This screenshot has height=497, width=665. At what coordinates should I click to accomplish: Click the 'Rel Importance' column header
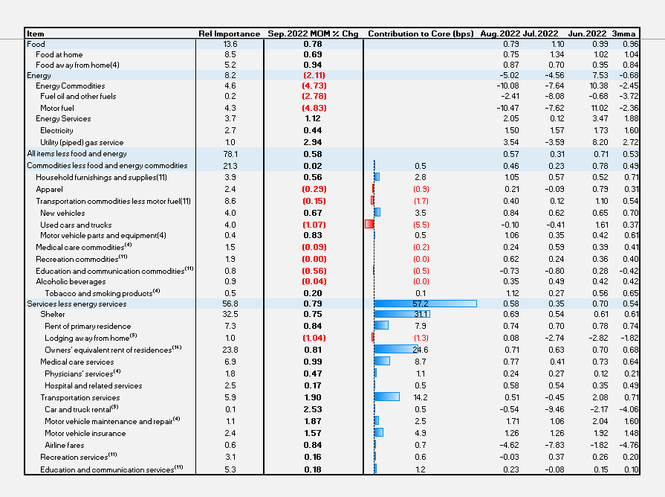pos(229,33)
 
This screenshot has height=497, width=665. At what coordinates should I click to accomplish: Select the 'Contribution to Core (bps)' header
pos(421,33)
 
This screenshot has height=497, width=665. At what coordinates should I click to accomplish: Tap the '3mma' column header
pos(623,33)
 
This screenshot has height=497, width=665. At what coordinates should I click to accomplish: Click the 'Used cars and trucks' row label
pos(76,225)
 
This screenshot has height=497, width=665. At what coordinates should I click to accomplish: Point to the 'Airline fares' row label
pos(65,445)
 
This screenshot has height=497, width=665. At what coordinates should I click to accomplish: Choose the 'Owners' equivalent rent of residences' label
pos(113,349)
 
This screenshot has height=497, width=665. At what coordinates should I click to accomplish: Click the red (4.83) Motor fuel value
pos(312,108)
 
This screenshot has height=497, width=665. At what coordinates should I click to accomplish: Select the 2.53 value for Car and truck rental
pos(312,409)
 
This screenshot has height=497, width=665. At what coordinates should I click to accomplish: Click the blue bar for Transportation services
pos(386,397)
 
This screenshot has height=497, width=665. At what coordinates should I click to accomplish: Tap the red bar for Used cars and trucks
pos(369,225)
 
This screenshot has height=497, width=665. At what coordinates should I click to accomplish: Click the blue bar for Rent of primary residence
pos(381,325)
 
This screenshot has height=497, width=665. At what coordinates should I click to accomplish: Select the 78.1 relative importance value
pos(230,153)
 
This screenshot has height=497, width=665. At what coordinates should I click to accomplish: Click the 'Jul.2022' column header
pos(540,33)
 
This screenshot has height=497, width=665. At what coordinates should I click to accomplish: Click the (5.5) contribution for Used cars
pos(421,225)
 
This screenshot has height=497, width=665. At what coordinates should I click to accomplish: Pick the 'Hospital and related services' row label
pos(93,385)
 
